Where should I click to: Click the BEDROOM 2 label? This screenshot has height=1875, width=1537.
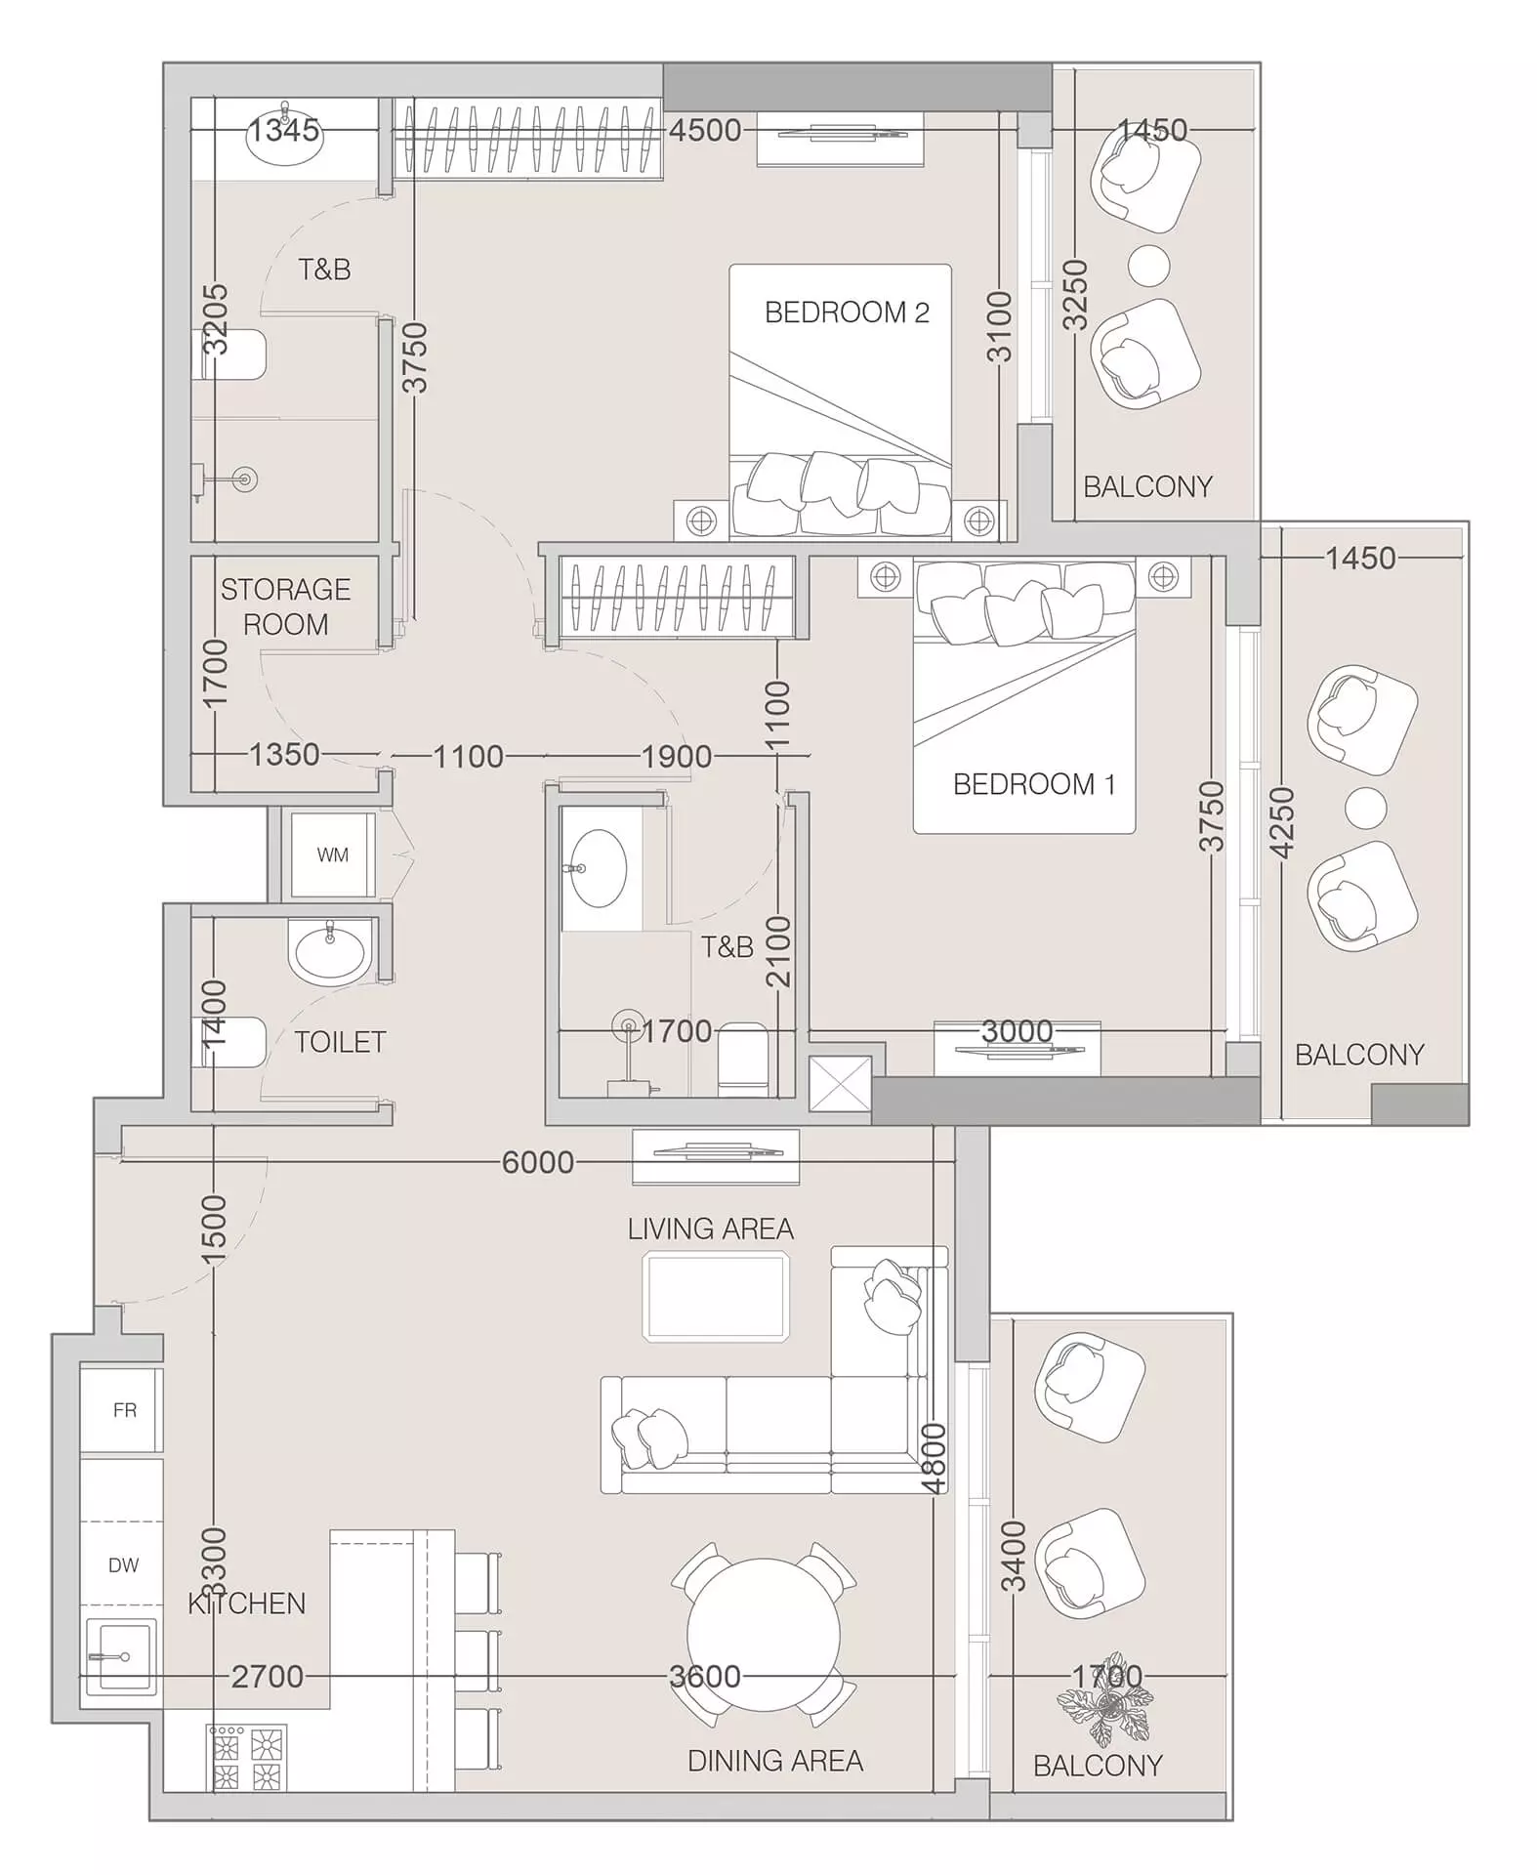pos(847,312)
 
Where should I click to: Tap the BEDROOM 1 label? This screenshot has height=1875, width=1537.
pos(1034,784)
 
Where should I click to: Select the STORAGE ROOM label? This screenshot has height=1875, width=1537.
pos(285,606)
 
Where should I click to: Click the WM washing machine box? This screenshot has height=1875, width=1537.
pos(333,854)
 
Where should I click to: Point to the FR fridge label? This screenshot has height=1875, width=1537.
pos(125,1410)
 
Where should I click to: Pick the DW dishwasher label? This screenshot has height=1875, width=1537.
pos(124,1565)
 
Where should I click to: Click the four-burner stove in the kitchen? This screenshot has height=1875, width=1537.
pos(247,1758)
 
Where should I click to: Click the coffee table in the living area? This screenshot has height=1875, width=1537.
pos(716,1296)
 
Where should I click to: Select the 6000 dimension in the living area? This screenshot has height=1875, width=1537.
pos(538,1162)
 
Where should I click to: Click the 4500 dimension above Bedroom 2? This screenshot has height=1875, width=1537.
pos(705,130)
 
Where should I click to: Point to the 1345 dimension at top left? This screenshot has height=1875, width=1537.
pos(283,130)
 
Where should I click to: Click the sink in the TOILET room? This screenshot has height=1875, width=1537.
pos(330,950)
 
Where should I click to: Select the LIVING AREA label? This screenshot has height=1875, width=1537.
pos(711,1229)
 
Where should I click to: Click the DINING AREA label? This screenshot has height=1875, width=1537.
pos(775,1761)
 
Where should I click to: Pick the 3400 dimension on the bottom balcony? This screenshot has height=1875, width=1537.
pos(1015,1557)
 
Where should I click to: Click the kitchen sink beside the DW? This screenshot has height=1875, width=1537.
pos(121,1656)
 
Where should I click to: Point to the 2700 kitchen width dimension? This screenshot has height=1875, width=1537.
pos(268,1677)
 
